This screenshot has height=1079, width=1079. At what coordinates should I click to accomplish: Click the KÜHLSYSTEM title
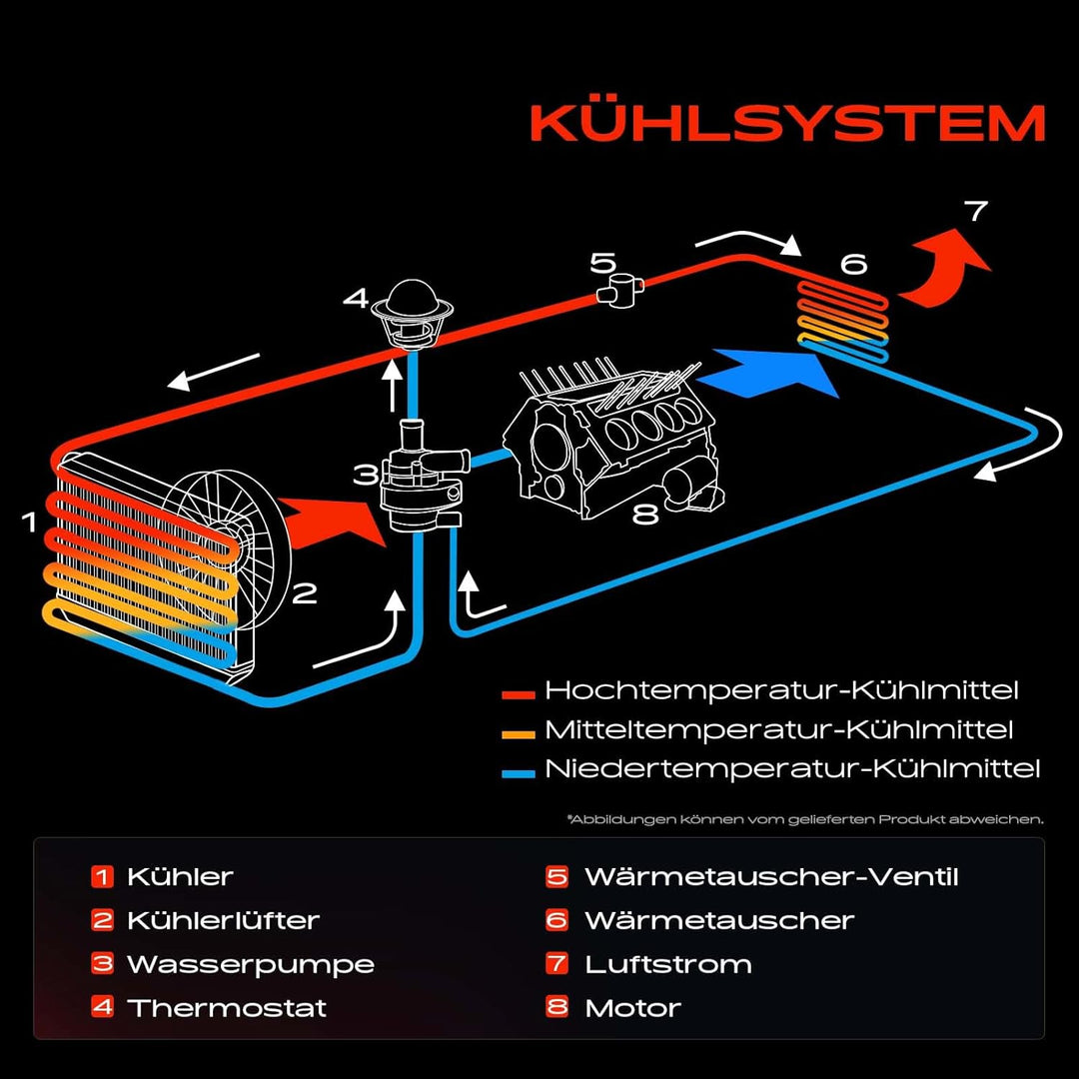click(787, 124)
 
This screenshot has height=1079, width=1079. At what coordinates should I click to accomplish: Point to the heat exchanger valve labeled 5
click(618, 292)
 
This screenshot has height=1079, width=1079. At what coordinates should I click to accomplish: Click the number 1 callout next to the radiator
click(30, 522)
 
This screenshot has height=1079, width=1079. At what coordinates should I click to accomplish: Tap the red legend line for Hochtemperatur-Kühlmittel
click(519, 691)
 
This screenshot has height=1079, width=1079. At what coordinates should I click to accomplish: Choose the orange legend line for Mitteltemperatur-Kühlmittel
click(519, 731)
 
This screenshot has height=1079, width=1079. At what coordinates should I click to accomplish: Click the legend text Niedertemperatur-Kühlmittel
click(791, 769)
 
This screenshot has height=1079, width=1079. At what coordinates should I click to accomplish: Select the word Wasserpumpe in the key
click(250, 964)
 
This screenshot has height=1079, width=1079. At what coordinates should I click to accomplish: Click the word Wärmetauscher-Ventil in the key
click(770, 877)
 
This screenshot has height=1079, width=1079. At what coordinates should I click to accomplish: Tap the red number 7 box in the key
click(556, 964)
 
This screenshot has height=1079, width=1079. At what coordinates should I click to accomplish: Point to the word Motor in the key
click(632, 1007)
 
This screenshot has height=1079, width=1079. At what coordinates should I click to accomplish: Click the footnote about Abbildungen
click(804, 819)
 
